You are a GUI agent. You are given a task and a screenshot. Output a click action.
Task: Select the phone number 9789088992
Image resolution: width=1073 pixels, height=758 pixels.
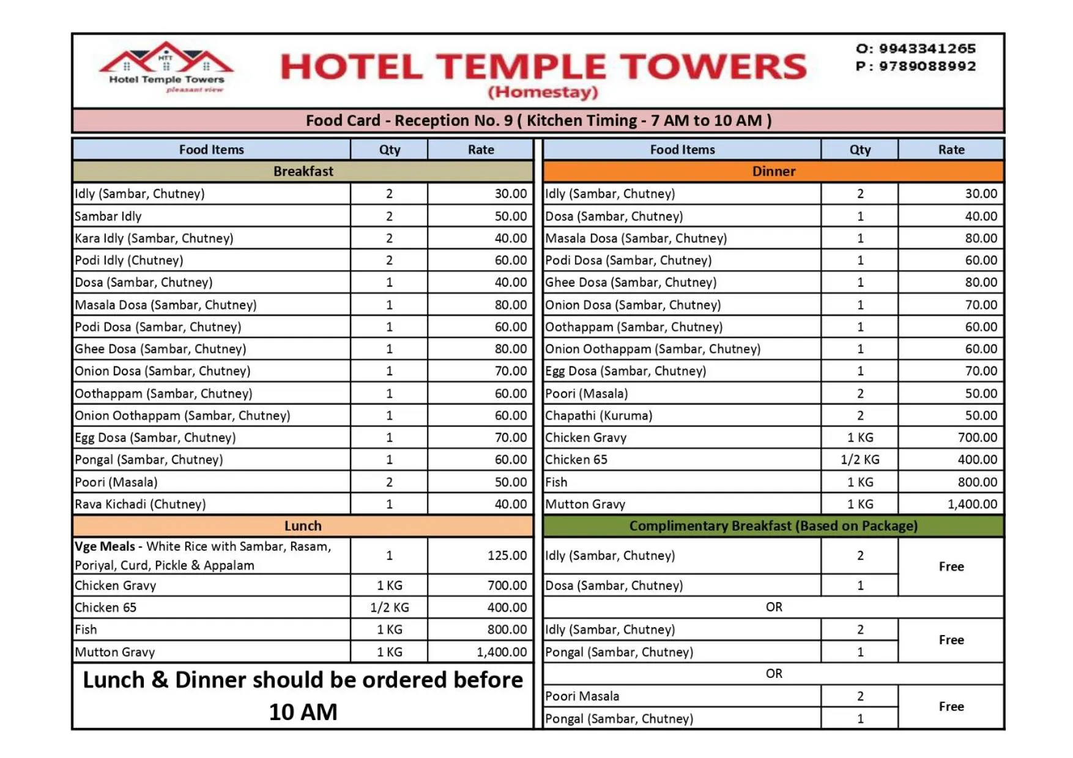[927, 66]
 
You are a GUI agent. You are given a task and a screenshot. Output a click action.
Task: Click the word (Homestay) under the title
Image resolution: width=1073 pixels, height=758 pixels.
[543, 92]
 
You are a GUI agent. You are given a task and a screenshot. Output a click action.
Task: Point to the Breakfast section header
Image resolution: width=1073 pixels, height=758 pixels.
[303, 171]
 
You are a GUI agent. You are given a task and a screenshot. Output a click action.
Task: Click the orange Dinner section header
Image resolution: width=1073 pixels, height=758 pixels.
[773, 171]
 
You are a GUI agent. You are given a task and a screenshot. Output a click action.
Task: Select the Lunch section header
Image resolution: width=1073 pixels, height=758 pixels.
[303, 526]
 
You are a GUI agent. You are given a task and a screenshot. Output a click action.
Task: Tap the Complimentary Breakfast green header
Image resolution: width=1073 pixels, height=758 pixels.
[773, 526]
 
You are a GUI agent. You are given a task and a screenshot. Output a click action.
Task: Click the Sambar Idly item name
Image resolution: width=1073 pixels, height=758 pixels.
[108, 216]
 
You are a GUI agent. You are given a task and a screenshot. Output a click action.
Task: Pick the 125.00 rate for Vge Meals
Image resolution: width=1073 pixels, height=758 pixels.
[507, 555]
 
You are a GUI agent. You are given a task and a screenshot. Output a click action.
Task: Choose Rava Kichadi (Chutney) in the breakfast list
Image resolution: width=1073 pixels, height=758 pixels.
[140, 504]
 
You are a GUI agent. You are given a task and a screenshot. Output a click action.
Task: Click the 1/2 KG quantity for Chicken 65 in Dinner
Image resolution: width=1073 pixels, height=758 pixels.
[860, 459]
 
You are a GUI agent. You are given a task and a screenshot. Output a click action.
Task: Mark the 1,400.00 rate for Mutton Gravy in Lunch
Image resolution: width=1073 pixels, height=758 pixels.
[501, 652]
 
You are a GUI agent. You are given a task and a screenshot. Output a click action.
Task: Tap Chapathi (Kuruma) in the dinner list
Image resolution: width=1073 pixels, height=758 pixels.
[598, 415]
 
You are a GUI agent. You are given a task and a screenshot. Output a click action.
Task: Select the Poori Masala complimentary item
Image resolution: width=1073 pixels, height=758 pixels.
[582, 696]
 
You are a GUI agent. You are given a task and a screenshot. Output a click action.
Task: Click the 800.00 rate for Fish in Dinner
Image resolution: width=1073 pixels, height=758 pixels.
[977, 482]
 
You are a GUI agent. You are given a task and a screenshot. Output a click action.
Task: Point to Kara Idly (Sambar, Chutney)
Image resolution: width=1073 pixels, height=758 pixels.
[154, 238]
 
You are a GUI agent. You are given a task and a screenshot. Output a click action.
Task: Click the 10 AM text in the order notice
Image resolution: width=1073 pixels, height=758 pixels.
[303, 712]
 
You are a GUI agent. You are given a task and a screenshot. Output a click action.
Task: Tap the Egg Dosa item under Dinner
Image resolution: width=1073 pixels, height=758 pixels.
[625, 371]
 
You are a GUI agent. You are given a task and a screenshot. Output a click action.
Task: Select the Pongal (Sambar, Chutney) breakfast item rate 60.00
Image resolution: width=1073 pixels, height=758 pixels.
[510, 459]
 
